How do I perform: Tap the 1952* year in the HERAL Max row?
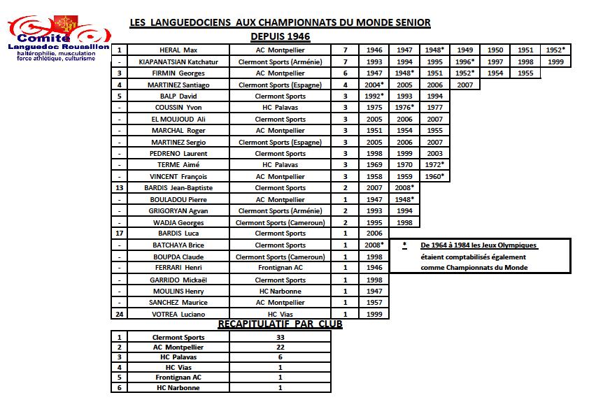click(554, 50)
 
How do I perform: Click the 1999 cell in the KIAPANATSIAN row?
click(556, 62)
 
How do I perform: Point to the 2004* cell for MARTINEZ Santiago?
click(374, 85)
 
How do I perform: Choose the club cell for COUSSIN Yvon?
click(280, 108)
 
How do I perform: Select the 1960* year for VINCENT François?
click(434, 176)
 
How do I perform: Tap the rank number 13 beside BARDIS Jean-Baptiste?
click(120, 187)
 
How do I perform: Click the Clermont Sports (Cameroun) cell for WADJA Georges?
click(280, 222)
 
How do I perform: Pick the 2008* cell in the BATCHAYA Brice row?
click(374, 245)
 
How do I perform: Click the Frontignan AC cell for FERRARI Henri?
click(280, 268)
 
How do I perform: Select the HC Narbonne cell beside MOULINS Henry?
click(280, 291)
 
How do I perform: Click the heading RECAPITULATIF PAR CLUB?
click(280, 324)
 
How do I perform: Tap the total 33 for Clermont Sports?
click(280, 337)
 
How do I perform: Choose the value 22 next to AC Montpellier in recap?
click(280, 347)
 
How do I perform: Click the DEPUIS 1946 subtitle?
click(280, 36)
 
